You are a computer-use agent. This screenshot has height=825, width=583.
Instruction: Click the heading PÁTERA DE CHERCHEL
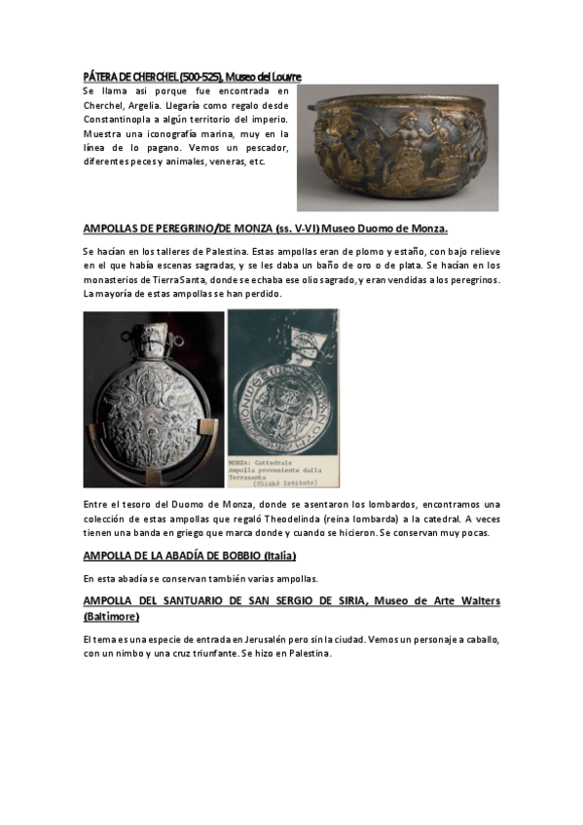tap(136, 76)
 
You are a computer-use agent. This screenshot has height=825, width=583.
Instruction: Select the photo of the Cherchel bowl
tap(397, 147)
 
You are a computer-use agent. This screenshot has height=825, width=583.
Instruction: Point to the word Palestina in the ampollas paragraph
tap(220, 251)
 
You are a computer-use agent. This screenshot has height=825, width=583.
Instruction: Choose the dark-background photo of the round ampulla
tap(154, 399)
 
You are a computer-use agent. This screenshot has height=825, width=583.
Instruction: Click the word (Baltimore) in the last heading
tap(111, 617)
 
